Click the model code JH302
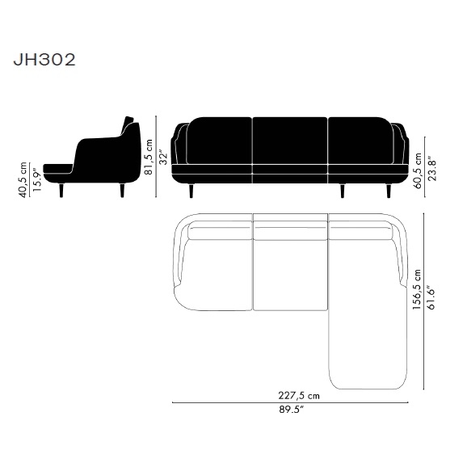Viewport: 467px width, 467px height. coord(44,60)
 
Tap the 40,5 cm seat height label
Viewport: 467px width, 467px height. coord(23,179)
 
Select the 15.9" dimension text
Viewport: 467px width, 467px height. coord(36,180)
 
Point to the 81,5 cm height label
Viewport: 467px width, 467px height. coord(149,157)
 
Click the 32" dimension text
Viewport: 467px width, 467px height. coord(163,158)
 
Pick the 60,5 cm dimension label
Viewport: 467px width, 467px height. coord(418,170)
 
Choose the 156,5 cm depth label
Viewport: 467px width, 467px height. coord(417,289)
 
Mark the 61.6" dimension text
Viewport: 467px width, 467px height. coord(431,298)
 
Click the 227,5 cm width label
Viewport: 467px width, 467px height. coord(299,396)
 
